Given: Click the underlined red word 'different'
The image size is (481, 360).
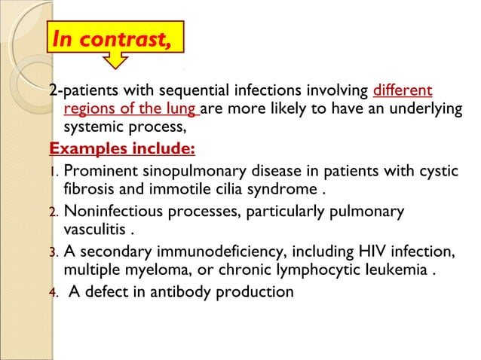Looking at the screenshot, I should click(403, 91).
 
